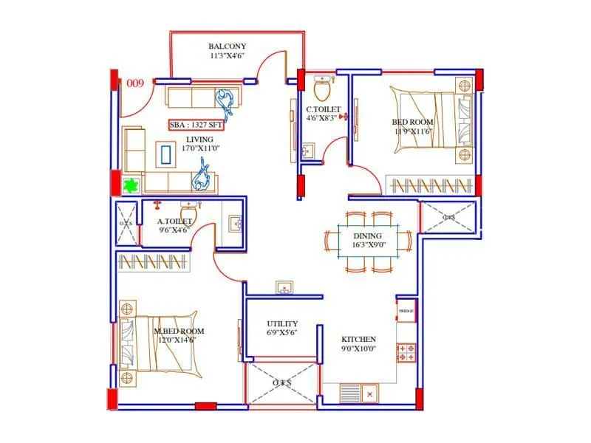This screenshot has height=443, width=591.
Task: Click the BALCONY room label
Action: click(x=227, y=50)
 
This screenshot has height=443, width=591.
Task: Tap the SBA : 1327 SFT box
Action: click(x=196, y=125)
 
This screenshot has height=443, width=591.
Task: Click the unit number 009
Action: click(x=134, y=83)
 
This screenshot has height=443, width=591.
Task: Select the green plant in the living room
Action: click(x=131, y=185)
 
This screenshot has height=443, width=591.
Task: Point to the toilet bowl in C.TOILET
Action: click(x=322, y=90)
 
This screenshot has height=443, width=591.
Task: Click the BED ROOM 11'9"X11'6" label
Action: click(x=412, y=126)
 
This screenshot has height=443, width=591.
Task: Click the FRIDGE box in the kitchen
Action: click(x=406, y=311)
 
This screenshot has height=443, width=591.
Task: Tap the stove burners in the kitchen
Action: click(x=406, y=352)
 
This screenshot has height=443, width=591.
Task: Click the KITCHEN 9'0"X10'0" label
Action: click(x=358, y=344)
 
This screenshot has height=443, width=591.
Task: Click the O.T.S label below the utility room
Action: click(x=283, y=383)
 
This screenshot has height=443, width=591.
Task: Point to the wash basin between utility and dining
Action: click(x=284, y=288)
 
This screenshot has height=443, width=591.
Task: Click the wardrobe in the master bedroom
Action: click(x=154, y=261)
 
